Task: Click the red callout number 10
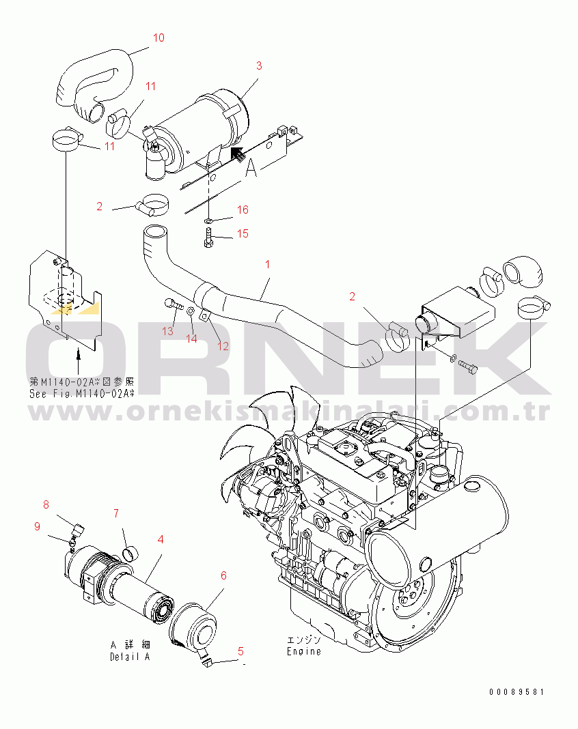(159, 38)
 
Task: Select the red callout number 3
(259, 66)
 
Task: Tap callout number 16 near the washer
(243, 210)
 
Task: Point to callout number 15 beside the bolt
(243, 233)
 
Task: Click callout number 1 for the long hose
(268, 264)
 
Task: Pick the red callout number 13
(167, 331)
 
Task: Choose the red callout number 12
(223, 346)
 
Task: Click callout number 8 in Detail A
(46, 504)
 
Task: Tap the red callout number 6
(223, 575)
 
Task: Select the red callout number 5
(240, 651)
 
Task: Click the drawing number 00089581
(517, 692)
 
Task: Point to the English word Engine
(304, 651)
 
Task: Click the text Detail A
(130, 657)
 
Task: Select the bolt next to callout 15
(208, 238)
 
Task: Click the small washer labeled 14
(191, 311)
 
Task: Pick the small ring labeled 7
(130, 552)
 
